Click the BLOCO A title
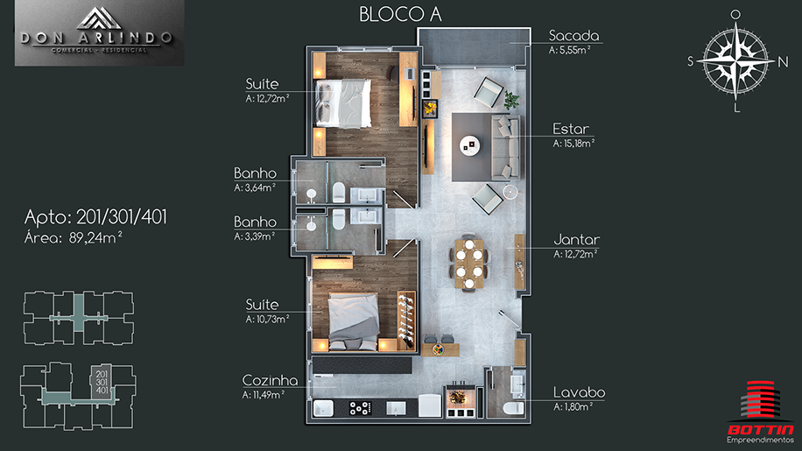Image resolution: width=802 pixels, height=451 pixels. click(x=400, y=14)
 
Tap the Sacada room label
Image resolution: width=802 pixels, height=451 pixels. click(x=573, y=36)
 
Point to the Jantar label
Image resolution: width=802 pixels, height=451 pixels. click(x=576, y=239)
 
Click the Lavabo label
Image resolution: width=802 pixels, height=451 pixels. click(x=579, y=392)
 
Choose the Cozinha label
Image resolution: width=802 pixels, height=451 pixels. click(x=270, y=380)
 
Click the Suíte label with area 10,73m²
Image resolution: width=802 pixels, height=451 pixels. click(x=262, y=305)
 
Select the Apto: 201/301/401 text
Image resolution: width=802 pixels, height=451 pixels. click(x=95, y=218)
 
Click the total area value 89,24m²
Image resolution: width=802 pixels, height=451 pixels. click(x=95, y=238)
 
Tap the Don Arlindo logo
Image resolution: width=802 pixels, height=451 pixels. click(x=99, y=32)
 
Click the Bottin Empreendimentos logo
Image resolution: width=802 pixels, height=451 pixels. click(x=760, y=412)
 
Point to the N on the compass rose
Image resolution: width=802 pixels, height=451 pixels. click(x=783, y=62)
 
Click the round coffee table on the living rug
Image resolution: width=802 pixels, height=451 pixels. click(x=469, y=145)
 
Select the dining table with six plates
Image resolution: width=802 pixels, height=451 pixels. click(x=468, y=263)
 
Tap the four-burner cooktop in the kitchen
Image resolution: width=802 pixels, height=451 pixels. click(x=360, y=408)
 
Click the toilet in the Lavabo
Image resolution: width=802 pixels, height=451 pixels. click(x=514, y=407)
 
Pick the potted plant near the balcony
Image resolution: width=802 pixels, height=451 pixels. click(x=511, y=100)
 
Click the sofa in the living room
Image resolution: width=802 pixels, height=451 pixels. click(x=505, y=147)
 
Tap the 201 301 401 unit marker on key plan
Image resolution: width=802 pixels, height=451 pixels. click(x=102, y=382)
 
